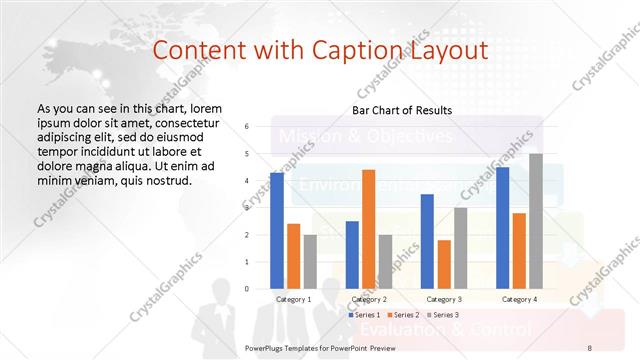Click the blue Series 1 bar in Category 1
point(277,231)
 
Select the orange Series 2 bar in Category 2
point(368,229)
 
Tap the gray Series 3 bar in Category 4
point(536,221)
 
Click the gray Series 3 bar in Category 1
point(311,262)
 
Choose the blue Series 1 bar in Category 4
point(502,228)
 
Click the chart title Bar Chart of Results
point(402,110)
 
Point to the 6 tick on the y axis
point(247,127)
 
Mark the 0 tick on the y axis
point(247,289)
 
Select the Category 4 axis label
point(518,299)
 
